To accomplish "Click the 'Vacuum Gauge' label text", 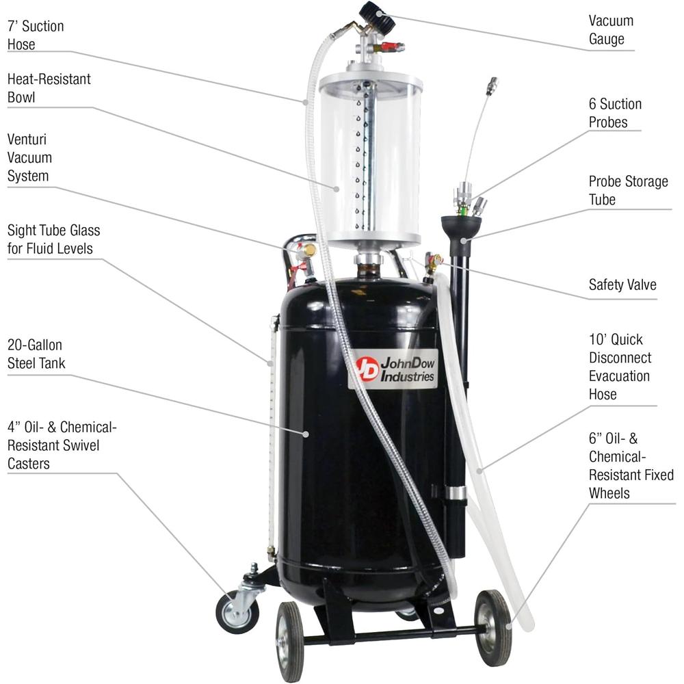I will coord(611,29).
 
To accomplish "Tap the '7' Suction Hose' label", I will coord(36,35).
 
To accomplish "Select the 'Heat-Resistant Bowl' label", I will coord(49,88).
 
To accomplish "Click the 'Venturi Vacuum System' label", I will coord(29,157).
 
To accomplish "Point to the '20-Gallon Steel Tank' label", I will coord(36,354).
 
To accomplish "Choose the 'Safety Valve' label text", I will coord(622,284).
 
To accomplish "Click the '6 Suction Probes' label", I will coord(615,113).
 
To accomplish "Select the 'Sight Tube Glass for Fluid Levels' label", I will coord(53,239).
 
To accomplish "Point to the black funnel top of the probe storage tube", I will coord(460,225).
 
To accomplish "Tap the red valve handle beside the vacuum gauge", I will coord(391,48).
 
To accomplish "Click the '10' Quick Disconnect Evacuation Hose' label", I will coord(620,366).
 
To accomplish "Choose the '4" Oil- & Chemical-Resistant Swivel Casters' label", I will coord(62,445).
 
